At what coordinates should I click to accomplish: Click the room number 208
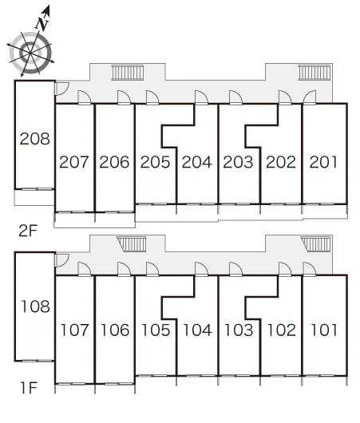coord(35,139)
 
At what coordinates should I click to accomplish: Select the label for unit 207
coord(74,162)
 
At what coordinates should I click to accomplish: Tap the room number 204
coord(196,162)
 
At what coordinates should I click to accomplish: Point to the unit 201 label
coord(323,162)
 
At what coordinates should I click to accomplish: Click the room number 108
coord(35,306)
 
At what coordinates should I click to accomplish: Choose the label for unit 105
coord(156,330)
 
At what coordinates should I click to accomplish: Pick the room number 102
coord(282,330)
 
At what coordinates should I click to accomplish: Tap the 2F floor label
coord(27,231)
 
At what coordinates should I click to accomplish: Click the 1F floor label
coord(29,388)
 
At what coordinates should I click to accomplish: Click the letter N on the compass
coord(42,24)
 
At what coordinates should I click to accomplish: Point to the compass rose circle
coord(30,53)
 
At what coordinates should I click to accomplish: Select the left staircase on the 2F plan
coord(128,73)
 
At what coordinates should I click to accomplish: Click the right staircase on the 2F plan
coord(315,73)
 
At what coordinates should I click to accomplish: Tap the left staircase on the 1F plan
coord(132,244)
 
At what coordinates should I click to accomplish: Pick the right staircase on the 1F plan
coord(316,244)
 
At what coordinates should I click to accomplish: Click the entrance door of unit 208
coord(61,89)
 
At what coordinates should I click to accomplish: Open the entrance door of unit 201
coord(310,97)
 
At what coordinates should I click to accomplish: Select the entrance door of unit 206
coord(125,97)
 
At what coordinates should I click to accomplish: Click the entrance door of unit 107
coord(85,269)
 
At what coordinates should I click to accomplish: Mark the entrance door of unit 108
coord(61,260)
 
